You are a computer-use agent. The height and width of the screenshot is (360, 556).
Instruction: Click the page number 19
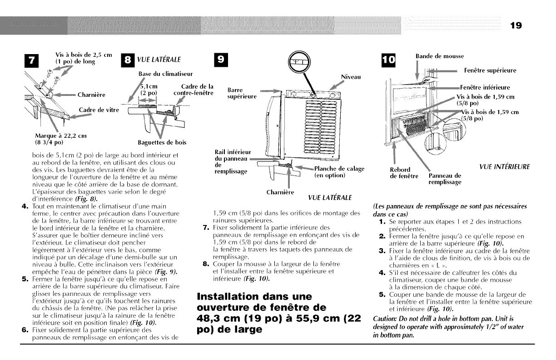tap(516, 25)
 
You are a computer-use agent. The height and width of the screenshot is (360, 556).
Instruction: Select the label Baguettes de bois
tap(162, 142)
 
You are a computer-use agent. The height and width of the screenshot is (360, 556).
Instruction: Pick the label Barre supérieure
tap(242, 93)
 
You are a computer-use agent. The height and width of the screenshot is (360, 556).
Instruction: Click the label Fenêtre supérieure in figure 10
tap(490, 70)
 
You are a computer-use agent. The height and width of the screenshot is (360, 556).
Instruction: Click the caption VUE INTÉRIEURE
tap(504, 167)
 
